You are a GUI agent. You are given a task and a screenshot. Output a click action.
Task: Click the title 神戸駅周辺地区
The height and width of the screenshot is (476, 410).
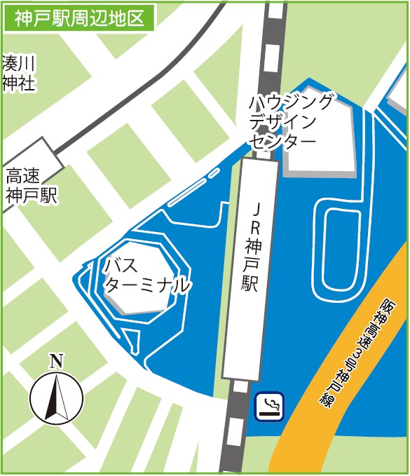[x=78, y=17]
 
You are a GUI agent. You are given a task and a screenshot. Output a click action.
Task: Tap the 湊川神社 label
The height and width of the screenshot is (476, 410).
[x=19, y=74]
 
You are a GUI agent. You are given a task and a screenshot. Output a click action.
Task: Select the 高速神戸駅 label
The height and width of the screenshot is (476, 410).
[x=31, y=185]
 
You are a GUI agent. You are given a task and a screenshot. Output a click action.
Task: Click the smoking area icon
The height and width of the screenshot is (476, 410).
[x=270, y=406]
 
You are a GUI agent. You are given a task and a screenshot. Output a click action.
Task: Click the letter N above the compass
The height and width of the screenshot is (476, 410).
[x=56, y=362]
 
